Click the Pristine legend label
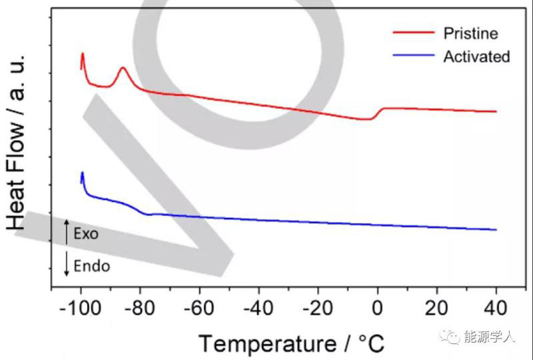tap(470, 33)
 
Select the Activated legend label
tap(476, 56)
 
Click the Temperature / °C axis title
tap(292, 343)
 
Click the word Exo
tap(86, 234)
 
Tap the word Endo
tap(92, 266)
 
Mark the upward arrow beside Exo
tap(66, 231)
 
